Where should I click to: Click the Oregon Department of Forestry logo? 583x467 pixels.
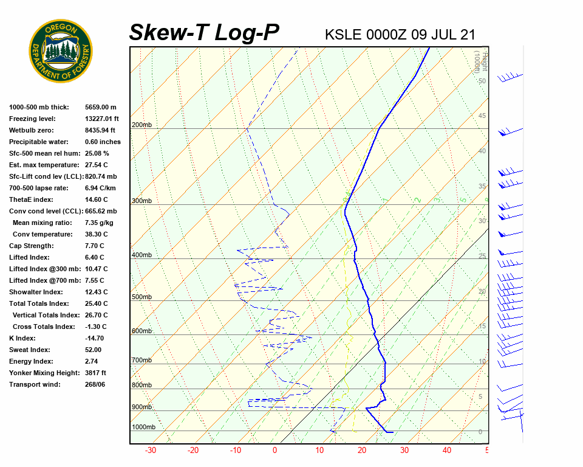(x=60, y=51)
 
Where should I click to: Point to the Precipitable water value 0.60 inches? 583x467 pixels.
(x=103, y=142)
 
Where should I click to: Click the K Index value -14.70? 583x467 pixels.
(x=95, y=338)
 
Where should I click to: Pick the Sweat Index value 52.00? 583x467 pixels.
(x=93, y=350)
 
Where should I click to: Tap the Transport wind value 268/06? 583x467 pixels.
(x=95, y=384)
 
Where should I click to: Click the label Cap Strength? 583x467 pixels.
(x=31, y=246)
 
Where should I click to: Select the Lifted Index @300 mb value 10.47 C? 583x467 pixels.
(x=97, y=269)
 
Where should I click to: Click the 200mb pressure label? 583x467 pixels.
(x=141, y=125)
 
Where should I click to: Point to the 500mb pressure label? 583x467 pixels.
(x=141, y=297)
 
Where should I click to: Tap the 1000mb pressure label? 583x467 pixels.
(x=143, y=427)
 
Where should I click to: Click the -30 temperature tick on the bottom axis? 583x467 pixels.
(x=151, y=451)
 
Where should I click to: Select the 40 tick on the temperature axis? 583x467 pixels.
(x=447, y=451)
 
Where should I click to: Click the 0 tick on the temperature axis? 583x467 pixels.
(x=274, y=451)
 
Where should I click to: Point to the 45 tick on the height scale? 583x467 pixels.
(x=482, y=116)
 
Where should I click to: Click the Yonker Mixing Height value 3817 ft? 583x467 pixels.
(x=96, y=373)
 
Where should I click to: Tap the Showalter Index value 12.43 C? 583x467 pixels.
(x=97, y=292)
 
